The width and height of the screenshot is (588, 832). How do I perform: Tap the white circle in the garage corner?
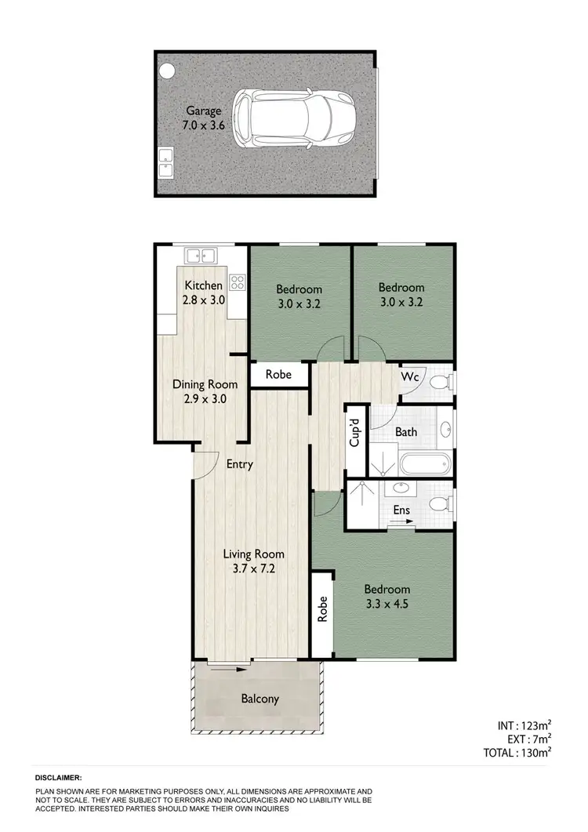pos(167,71)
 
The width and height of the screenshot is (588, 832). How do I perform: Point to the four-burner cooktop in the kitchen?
pos(238,282)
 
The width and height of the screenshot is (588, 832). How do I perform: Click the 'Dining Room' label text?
pos(199,385)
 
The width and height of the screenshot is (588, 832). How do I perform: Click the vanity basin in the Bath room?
pos(445,430)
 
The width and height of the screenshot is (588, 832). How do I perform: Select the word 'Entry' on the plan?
pos(239,464)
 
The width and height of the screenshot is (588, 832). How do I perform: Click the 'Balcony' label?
pos(260,699)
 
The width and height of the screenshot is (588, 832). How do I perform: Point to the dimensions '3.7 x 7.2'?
pos(252,569)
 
